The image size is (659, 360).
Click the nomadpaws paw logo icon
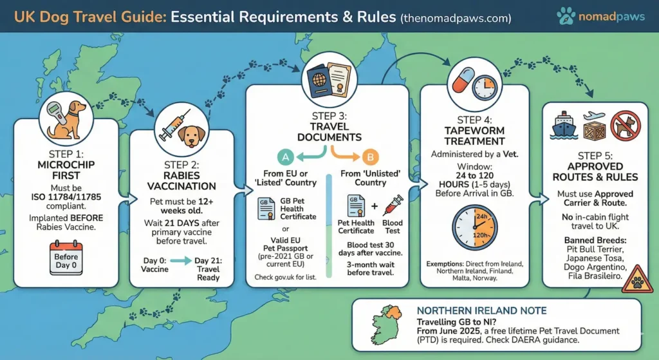566,16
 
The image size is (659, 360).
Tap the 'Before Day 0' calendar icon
66,258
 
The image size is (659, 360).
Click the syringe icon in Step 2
174,126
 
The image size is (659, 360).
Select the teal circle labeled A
285,157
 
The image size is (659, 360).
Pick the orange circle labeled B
370,157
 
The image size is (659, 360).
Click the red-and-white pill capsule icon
463,81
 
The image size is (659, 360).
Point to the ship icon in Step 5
564,125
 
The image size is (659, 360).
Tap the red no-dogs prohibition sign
626,126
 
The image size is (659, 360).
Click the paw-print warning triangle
637,279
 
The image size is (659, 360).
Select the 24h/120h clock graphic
474,227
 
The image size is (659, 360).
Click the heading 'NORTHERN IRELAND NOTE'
481,311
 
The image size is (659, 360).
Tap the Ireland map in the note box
386,324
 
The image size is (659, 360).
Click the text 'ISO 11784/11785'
66,197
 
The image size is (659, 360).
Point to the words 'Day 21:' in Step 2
208,261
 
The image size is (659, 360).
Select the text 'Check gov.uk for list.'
285,277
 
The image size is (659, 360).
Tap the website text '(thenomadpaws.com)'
456,18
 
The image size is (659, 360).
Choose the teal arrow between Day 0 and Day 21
181,261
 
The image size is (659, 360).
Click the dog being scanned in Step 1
71,119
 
